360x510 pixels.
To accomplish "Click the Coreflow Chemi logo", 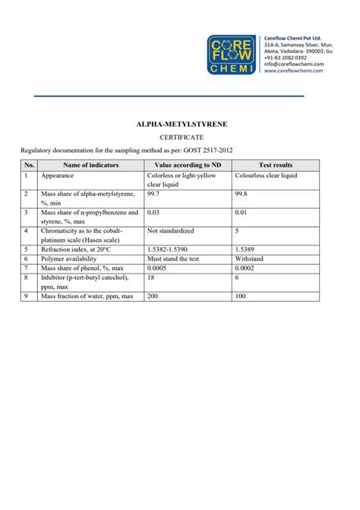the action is (232, 55).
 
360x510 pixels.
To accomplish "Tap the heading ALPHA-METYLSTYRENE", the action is (179, 122).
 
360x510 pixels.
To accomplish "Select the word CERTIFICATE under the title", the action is (179, 137).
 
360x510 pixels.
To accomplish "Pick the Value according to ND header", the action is (188, 165).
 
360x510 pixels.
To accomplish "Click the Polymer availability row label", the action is (74, 258).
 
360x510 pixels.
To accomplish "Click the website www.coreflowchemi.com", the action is (294, 72).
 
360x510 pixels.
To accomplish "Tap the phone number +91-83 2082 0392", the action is (285, 58).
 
